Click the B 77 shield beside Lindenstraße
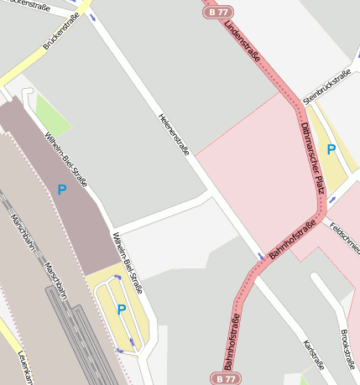tap(217, 13)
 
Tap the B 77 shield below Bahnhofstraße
tap(222, 379)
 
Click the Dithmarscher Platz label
tap(311, 157)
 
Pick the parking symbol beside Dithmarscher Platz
tap(331, 149)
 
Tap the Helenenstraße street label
tap(175, 134)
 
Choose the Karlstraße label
tap(313, 356)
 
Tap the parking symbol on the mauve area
tap(61, 190)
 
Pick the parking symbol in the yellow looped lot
tap(122, 310)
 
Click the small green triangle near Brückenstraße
tap(50, 116)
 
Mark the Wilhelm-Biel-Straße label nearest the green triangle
tap(67, 159)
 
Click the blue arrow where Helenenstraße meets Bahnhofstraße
tap(261, 255)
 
